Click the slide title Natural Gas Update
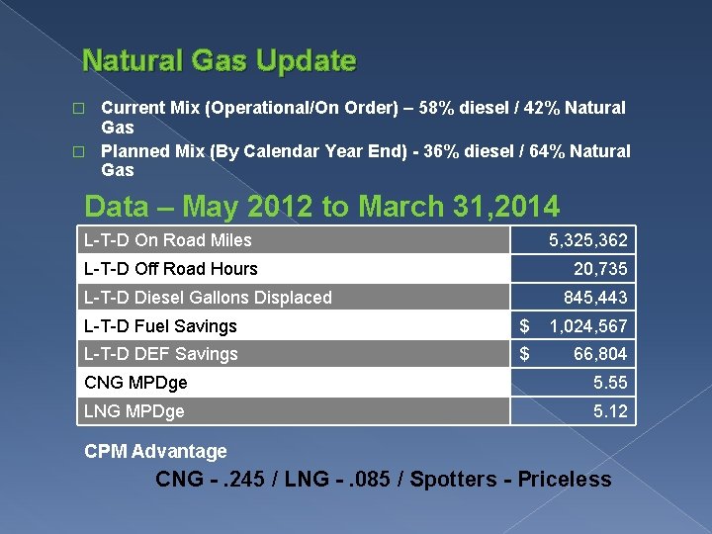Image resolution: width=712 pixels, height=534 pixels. point(219,61)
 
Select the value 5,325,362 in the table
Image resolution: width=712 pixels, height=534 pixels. point(588,240)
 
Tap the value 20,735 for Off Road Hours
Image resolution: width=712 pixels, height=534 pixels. point(600,269)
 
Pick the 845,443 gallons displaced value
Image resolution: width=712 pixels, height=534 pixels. point(595,298)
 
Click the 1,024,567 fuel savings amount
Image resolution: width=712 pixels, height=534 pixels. point(588,326)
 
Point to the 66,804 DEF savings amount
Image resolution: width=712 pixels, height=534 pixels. point(600,354)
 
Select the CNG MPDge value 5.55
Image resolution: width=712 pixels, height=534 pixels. point(610,383)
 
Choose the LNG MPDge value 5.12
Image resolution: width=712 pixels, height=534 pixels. point(610,411)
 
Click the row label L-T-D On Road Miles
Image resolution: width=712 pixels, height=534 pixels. point(168,240)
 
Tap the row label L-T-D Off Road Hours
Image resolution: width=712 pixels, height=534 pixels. point(171,269)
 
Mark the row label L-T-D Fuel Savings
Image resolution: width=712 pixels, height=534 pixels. point(161,326)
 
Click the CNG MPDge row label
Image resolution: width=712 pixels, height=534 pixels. point(136,383)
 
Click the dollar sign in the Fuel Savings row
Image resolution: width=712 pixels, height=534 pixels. point(525,326)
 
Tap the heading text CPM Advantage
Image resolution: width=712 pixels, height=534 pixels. point(155,452)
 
